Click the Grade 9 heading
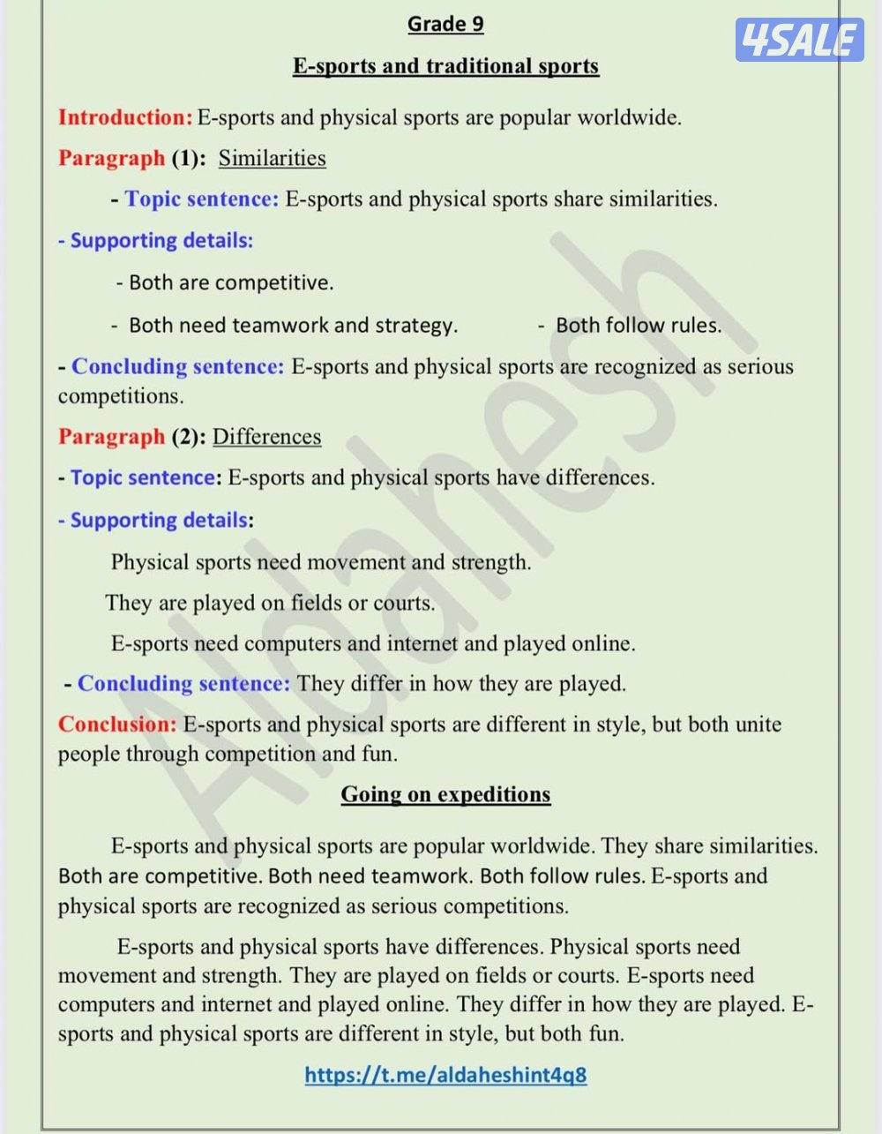(x=445, y=24)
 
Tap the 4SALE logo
(x=799, y=40)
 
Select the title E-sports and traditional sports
(x=445, y=66)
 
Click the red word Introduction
(x=124, y=117)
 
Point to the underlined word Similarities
(x=272, y=158)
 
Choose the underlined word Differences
(x=266, y=437)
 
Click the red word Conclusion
(x=117, y=725)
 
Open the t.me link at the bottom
(x=445, y=1074)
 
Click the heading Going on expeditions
(x=445, y=794)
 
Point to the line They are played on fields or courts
(x=270, y=604)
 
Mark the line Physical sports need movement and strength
(x=321, y=562)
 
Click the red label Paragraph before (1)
(x=111, y=158)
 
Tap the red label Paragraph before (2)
(x=111, y=437)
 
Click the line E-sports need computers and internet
(x=372, y=644)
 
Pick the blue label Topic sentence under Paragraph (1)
(x=201, y=199)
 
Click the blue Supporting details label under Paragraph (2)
(x=159, y=520)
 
